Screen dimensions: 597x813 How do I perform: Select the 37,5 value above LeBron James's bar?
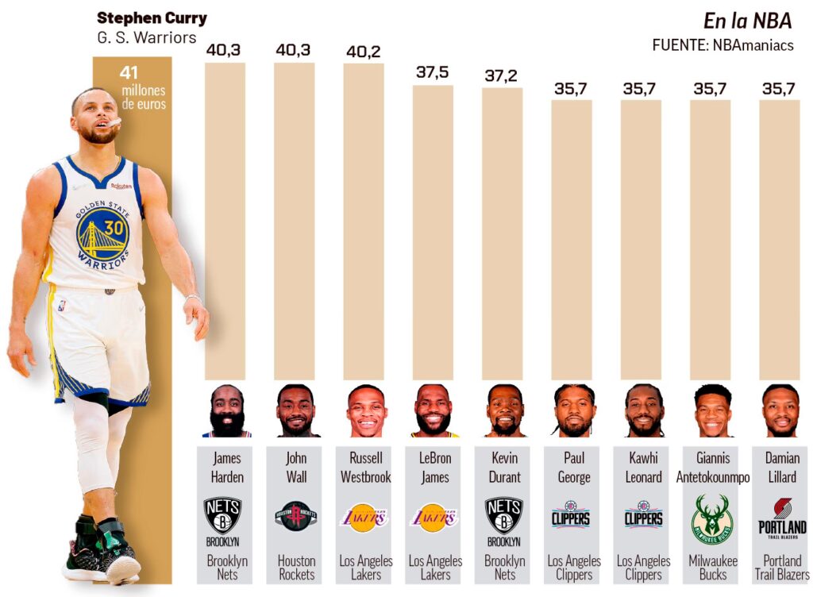[x=433, y=72]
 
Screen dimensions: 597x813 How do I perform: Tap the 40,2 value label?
[x=364, y=52]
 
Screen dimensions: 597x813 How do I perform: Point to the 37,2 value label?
[x=502, y=75]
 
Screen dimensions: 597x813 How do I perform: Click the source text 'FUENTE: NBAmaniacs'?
[x=722, y=45]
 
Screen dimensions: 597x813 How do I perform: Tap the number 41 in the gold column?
[x=129, y=73]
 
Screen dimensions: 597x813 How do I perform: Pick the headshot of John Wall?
[x=296, y=410]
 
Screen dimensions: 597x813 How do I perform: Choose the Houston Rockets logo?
[x=296, y=516]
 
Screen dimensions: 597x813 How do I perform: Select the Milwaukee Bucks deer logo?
[x=711, y=518]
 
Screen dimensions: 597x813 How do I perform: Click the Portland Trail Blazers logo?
[x=781, y=518]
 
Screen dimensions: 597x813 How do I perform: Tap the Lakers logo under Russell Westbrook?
[x=364, y=518]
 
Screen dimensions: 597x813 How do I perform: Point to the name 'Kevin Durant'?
[x=504, y=468]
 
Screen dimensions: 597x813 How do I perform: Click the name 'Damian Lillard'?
[x=781, y=468]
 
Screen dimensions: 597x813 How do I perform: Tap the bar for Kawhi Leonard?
[x=642, y=239]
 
